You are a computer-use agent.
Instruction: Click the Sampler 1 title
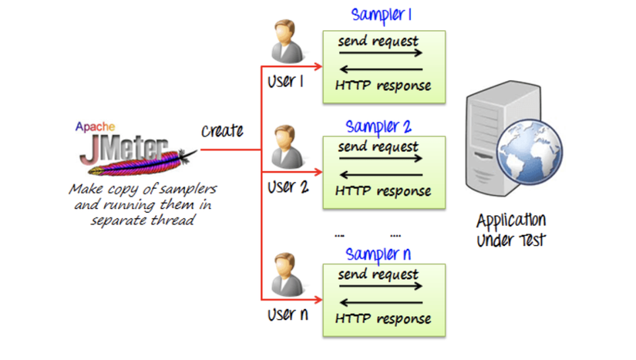(382, 15)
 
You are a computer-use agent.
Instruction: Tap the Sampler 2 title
(378, 126)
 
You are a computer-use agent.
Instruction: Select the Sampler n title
(378, 254)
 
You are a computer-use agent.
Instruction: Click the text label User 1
(286, 81)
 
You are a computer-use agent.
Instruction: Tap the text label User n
(287, 315)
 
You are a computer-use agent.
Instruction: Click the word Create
(222, 131)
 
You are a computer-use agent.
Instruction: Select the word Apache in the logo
(96, 126)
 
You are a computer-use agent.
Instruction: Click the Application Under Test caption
(510, 229)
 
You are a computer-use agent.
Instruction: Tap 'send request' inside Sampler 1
(378, 40)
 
